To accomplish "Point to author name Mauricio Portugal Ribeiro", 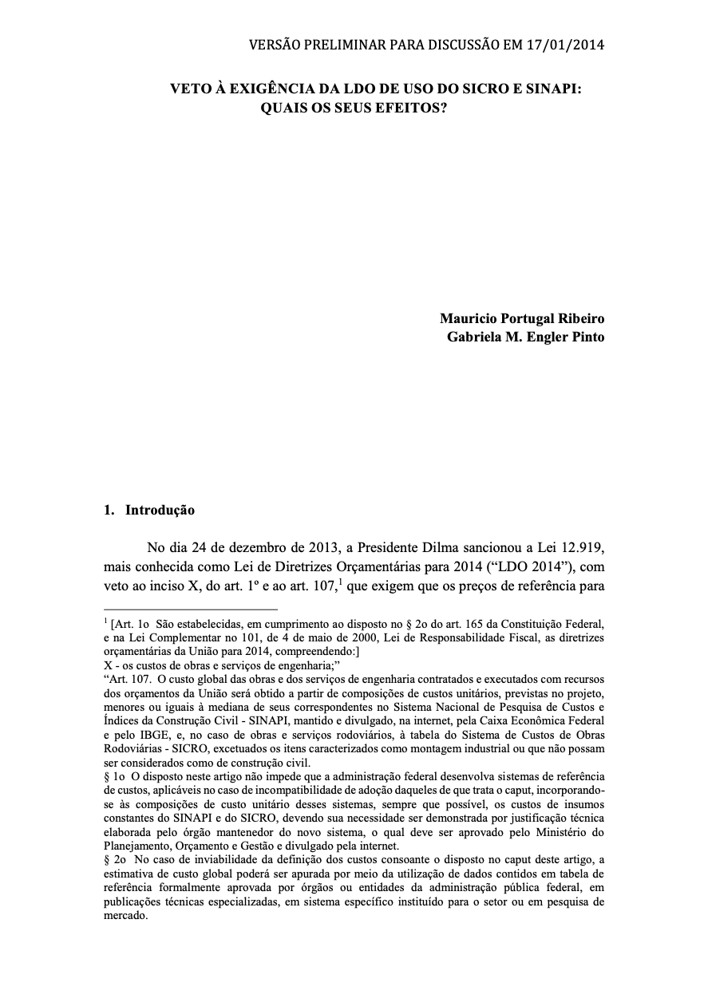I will [522, 318].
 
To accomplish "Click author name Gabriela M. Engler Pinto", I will [525, 337].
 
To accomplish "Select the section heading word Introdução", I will [160, 510].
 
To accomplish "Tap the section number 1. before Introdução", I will [109, 510].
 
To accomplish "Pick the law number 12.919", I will [578, 548].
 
